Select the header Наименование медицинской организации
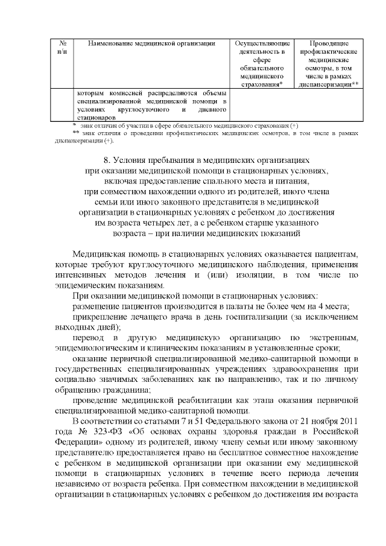point(151,43)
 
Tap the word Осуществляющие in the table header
point(262,43)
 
